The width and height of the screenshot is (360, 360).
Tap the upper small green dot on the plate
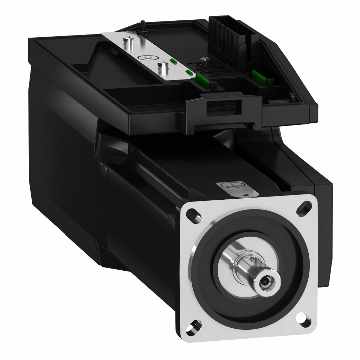coord(173,61)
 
